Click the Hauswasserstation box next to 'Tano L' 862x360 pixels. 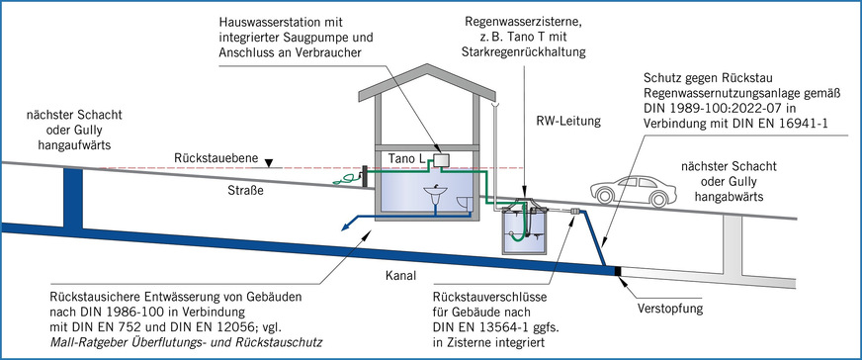tap(442, 159)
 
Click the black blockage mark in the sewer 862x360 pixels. tap(619, 269)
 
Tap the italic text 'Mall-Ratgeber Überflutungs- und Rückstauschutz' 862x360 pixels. tap(188, 342)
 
